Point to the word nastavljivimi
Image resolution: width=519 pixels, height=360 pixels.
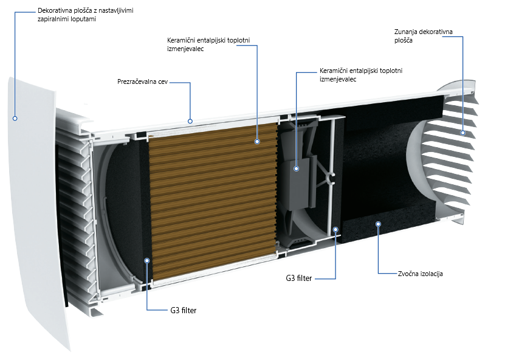click(118, 11)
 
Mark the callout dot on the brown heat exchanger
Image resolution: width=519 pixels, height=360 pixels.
click(258, 140)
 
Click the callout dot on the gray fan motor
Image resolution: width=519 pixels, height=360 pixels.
click(296, 168)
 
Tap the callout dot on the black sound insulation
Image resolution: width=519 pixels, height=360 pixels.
click(378, 223)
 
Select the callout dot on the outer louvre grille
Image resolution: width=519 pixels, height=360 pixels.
click(462, 133)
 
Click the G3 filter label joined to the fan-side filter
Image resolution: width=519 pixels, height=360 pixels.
click(298, 279)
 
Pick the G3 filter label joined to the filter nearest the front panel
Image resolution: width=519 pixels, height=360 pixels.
click(183, 310)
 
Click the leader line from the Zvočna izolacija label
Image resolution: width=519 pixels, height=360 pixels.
click(378, 255)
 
